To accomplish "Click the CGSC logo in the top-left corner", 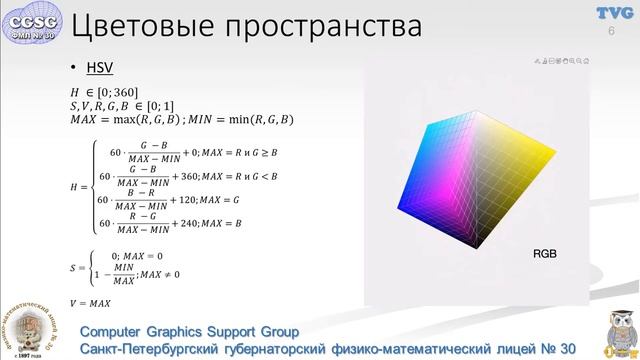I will point(33,21).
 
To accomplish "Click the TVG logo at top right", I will point(612,12).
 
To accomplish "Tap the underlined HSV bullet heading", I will point(97,69).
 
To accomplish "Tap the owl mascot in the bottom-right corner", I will point(616,331).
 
